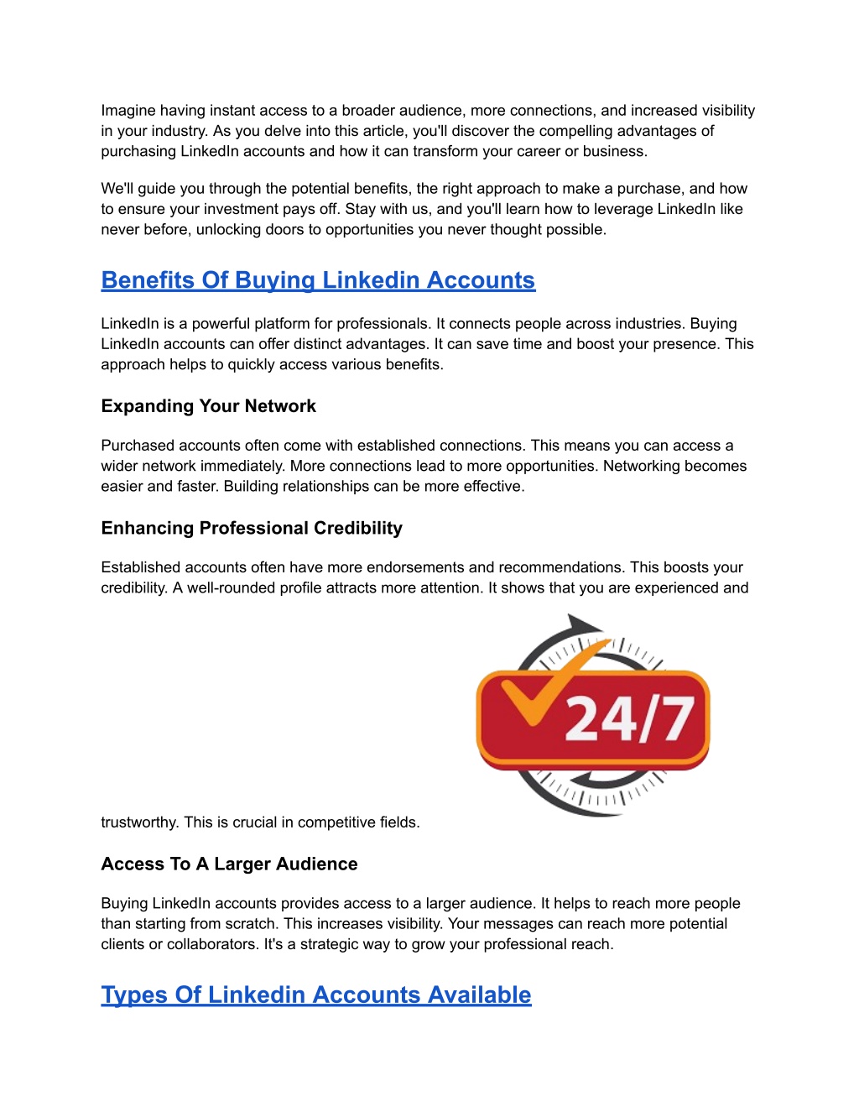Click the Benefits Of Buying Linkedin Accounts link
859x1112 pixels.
(318, 280)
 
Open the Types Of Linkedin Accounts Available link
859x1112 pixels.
(316, 995)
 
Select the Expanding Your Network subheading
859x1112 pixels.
(208, 406)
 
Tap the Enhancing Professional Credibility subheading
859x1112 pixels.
(252, 528)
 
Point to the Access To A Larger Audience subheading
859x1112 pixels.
(229, 864)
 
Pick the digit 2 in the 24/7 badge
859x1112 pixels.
(586, 720)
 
